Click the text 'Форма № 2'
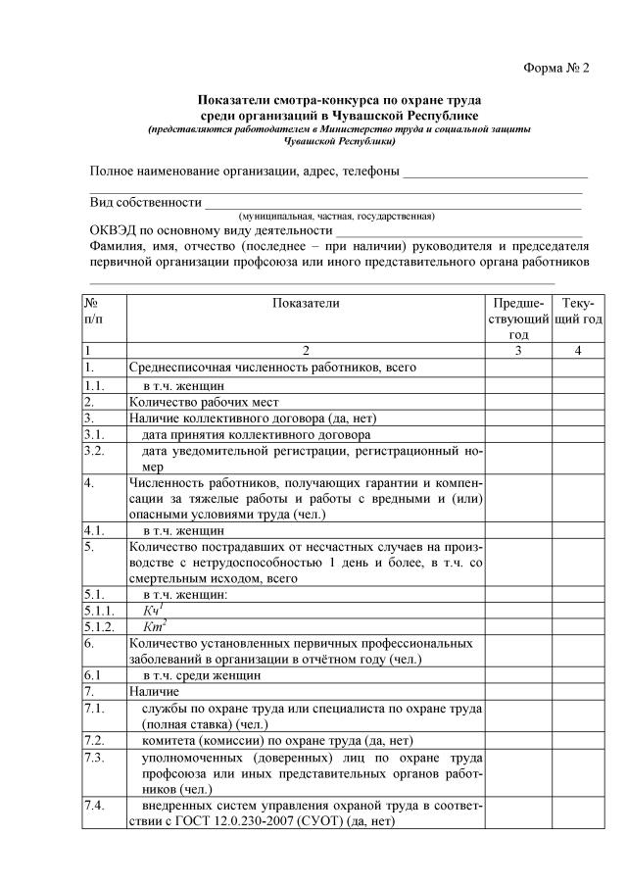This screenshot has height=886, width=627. click(555, 68)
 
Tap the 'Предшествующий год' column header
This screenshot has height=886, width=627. click(519, 319)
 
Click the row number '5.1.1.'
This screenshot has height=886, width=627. click(101, 609)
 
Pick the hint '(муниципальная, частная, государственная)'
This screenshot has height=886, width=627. click(337, 216)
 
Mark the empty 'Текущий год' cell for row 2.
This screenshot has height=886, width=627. click(578, 402)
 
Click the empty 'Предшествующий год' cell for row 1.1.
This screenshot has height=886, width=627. click(519, 385)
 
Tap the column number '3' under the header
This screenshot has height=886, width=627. click(519, 350)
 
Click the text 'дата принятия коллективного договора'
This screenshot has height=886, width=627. click(256, 435)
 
